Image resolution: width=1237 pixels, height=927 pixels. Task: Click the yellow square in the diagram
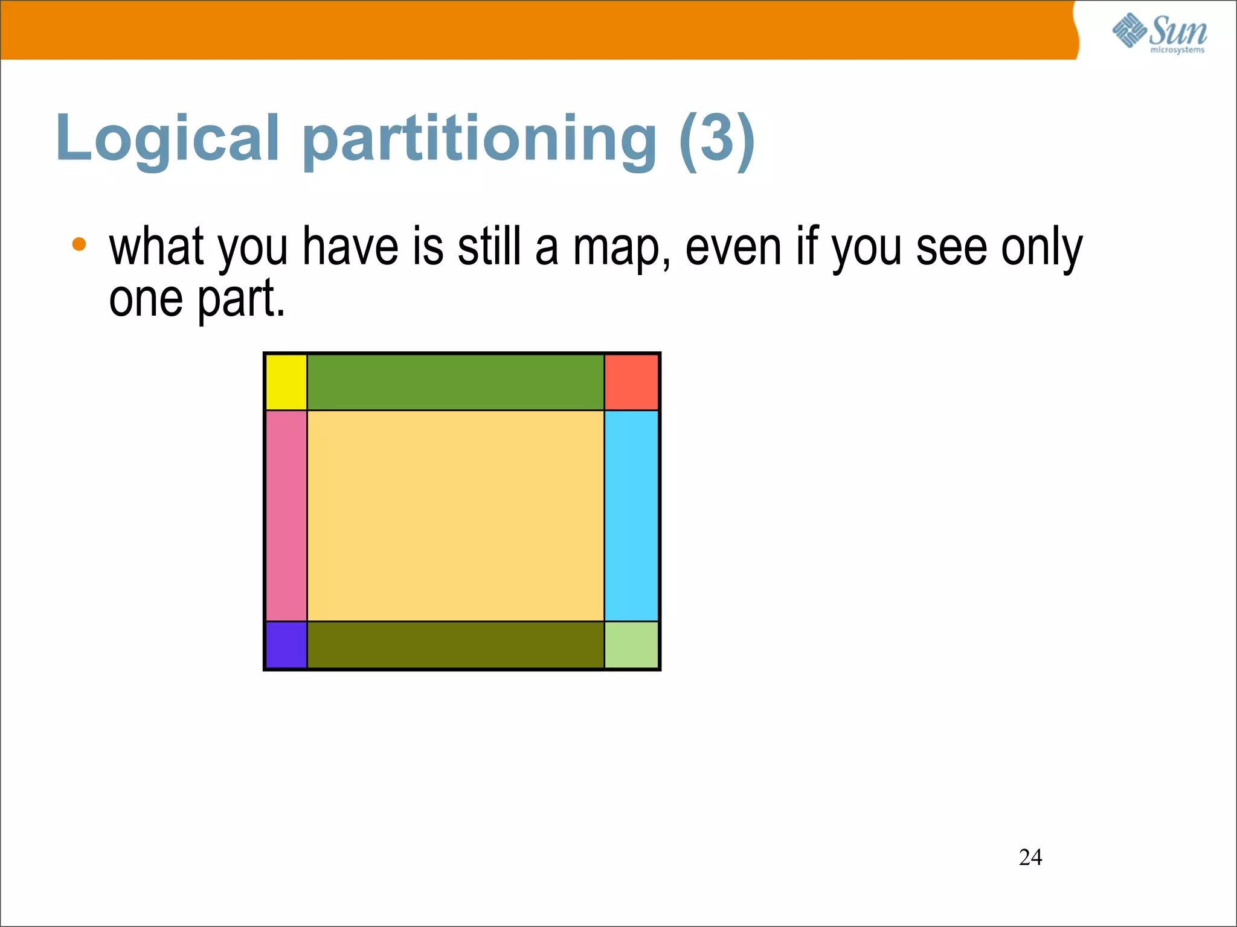click(286, 382)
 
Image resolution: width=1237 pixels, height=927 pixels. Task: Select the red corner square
click(631, 382)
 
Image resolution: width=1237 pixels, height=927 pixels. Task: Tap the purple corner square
click(286, 645)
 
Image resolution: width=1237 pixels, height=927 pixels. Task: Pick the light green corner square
click(631, 645)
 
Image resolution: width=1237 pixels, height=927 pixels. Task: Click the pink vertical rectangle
click(286, 515)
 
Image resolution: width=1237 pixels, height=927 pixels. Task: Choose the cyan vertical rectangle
click(631, 515)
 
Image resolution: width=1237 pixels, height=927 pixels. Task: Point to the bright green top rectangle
click(455, 382)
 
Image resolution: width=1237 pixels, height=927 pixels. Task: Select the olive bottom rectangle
click(455, 645)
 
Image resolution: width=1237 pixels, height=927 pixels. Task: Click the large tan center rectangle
click(455, 515)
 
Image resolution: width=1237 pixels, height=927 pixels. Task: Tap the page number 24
click(1030, 857)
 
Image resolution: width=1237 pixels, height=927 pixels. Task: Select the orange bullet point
click(79, 244)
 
